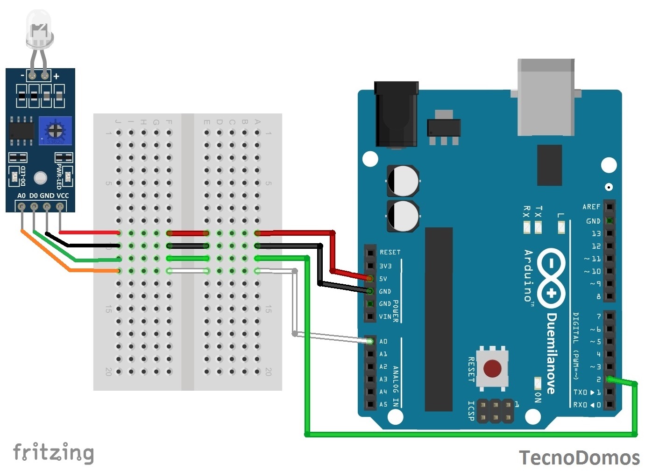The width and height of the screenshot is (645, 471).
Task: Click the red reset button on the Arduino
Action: (x=492, y=368)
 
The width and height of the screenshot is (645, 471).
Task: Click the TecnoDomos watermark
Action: (x=579, y=457)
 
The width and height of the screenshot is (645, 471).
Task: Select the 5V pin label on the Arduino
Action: (x=383, y=279)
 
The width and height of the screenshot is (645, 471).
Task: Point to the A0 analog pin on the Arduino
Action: (x=370, y=341)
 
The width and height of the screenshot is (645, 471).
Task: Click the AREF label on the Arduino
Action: (x=591, y=206)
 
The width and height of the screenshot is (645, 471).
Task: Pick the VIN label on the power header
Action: (x=385, y=316)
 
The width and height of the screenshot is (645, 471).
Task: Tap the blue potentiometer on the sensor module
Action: (x=55, y=130)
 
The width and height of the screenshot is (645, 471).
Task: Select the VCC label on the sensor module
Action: (x=62, y=196)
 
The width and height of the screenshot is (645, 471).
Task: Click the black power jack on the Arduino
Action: (x=396, y=114)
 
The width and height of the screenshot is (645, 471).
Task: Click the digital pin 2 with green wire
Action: (x=610, y=380)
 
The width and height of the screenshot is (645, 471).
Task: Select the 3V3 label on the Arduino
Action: (x=385, y=266)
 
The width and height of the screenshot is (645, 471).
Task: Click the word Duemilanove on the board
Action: (x=552, y=353)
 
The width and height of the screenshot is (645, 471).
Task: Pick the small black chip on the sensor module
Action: (x=21, y=130)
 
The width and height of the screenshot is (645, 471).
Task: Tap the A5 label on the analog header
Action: (x=383, y=404)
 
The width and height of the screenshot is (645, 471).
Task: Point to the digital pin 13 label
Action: (x=596, y=233)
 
